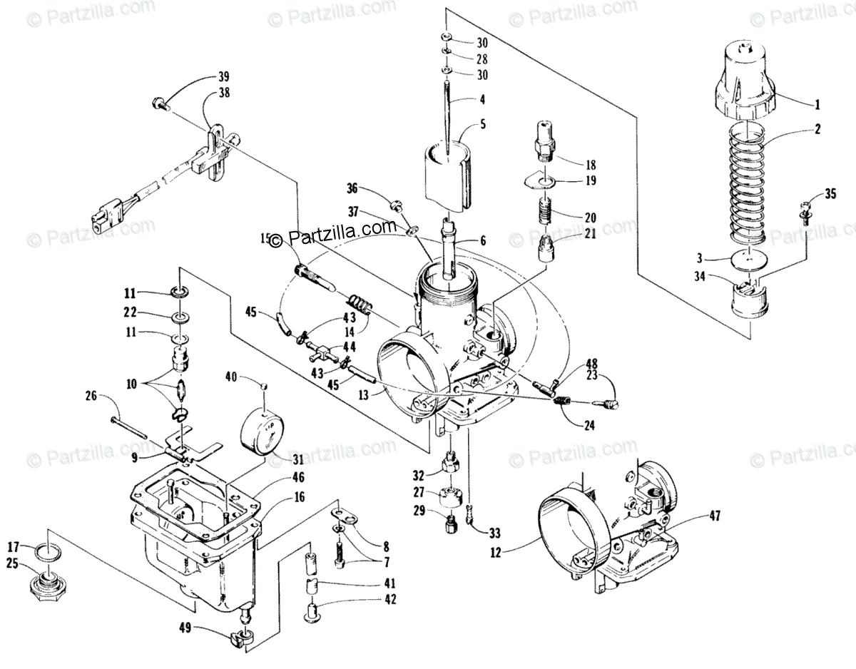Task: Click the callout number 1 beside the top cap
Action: pyautogui.click(x=817, y=104)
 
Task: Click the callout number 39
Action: pyautogui.click(x=223, y=77)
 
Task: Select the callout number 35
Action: pyautogui.click(x=829, y=193)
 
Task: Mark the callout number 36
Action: pyautogui.click(x=352, y=189)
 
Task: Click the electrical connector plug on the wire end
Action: pyautogui.click(x=103, y=213)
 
